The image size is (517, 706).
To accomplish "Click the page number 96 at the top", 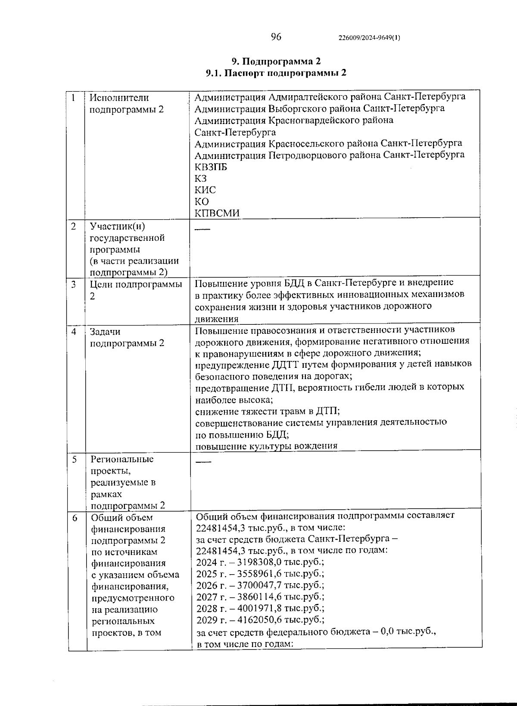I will pos(276,37).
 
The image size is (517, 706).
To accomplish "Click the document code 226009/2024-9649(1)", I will pos(370,38).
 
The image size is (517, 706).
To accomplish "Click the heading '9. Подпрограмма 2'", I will pos(276,61).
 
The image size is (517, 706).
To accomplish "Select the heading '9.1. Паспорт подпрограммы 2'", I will pos(276,73).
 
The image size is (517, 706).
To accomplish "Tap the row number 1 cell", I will pos(74,98).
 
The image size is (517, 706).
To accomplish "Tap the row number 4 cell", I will pos(74,332).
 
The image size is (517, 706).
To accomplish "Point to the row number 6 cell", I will pos(75,518).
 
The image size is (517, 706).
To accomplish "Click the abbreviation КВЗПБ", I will pos(211,167).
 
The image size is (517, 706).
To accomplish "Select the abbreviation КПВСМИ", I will pos(217,213).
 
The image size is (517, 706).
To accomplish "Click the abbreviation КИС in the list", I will pos(205,190).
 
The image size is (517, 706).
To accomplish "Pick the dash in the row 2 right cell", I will pos(202,229).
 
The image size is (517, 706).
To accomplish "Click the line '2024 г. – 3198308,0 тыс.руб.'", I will pos(260,562).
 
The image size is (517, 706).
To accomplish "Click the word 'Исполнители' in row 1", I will pos(119,98).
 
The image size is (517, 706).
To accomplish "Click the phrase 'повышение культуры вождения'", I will pos(266,446).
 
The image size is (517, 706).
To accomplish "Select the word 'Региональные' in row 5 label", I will pos(122,459).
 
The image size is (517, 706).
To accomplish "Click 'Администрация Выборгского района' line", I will pos(319,108).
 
